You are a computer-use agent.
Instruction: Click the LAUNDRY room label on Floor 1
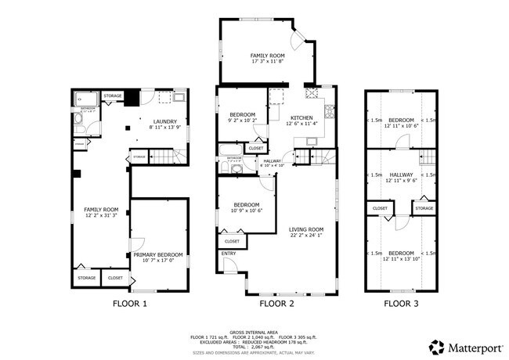[164, 121]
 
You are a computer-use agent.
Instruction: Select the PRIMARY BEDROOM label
[157, 254]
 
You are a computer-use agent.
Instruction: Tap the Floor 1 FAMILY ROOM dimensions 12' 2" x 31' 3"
[101, 216]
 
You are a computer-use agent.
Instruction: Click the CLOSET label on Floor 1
[115, 278]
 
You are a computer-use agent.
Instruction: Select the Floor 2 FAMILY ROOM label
[267, 56]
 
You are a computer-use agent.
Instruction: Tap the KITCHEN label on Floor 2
[301, 117]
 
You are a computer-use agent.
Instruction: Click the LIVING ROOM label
[306, 229]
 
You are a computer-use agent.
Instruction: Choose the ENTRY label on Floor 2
[229, 254]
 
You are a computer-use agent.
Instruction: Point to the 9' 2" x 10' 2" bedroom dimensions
[241, 120]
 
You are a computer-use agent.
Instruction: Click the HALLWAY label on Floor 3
[401, 175]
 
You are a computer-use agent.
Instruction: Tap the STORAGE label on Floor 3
[424, 208]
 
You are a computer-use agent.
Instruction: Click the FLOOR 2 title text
[276, 303]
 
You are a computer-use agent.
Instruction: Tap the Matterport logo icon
[435, 345]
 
